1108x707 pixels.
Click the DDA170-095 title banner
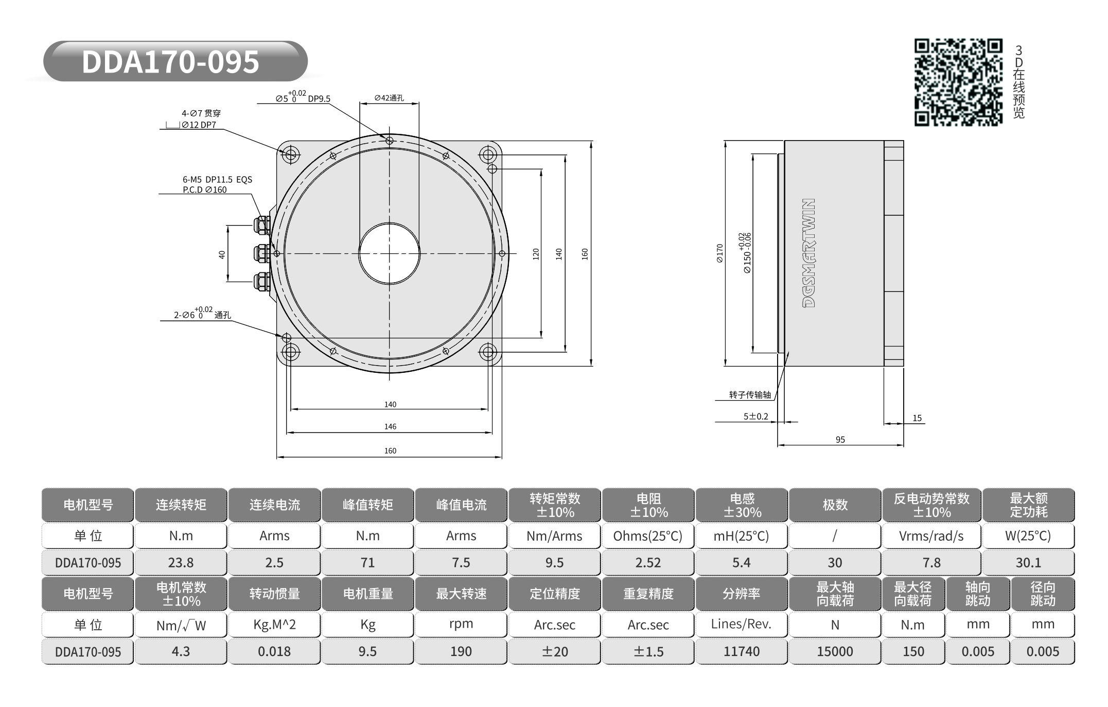point(175,61)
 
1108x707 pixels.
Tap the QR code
point(958,82)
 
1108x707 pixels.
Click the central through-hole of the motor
point(389,253)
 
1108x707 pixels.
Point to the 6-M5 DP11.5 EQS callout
point(218,180)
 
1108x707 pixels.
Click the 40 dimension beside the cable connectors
point(222,254)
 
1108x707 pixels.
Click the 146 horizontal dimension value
point(390,426)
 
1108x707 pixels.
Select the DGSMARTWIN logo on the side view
point(809,253)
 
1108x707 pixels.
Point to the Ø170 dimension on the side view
point(719,253)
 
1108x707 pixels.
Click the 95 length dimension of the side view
point(840,439)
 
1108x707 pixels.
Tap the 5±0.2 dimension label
point(755,416)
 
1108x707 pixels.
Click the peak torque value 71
point(367,562)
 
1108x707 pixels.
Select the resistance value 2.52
point(648,562)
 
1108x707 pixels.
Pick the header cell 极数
point(835,505)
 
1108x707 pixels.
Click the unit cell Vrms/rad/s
point(931,536)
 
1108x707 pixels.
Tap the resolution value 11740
point(741,651)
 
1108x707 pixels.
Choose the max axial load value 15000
point(835,651)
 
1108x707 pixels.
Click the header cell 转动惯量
point(274,594)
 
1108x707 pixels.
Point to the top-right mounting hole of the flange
point(488,154)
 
